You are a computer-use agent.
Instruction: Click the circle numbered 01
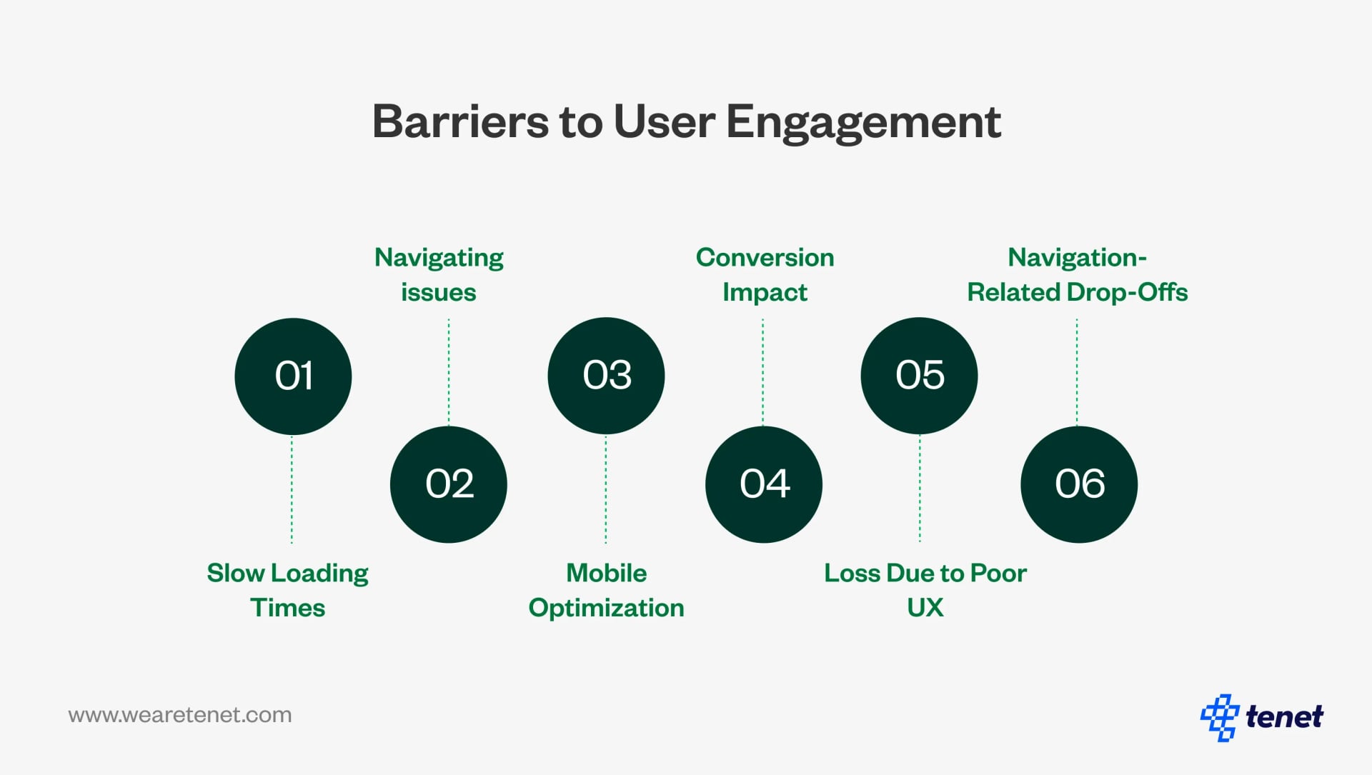pyautogui.click(x=293, y=376)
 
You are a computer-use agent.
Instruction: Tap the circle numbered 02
pyautogui.click(x=449, y=484)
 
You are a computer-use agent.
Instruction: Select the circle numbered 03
pyautogui.click(x=606, y=376)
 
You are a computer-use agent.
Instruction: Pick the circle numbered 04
pyautogui.click(x=763, y=484)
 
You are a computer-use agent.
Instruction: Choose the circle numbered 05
pyautogui.click(x=919, y=376)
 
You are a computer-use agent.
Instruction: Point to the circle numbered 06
pyautogui.click(x=1079, y=484)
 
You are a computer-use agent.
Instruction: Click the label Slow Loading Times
pyautogui.click(x=287, y=590)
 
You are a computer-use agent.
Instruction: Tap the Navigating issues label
pyautogui.click(x=439, y=274)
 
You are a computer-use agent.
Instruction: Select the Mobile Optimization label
pyautogui.click(x=606, y=590)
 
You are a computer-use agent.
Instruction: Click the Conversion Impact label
pyautogui.click(x=765, y=274)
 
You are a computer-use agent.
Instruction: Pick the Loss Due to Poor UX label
pyautogui.click(x=925, y=590)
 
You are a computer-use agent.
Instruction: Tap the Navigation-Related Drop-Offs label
pyautogui.click(x=1077, y=274)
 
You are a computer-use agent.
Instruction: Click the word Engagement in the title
pyautogui.click(x=863, y=121)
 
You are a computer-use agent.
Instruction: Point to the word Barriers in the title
pyautogui.click(x=461, y=121)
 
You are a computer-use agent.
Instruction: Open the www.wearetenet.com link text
pyautogui.click(x=180, y=715)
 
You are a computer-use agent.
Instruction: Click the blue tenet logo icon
pyautogui.click(x=1219, y=716)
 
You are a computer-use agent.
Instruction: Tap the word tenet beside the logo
pyautogui.click(x=1284, y=716)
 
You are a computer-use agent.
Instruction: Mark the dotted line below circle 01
pyautogui.click(x=292, y=489)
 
